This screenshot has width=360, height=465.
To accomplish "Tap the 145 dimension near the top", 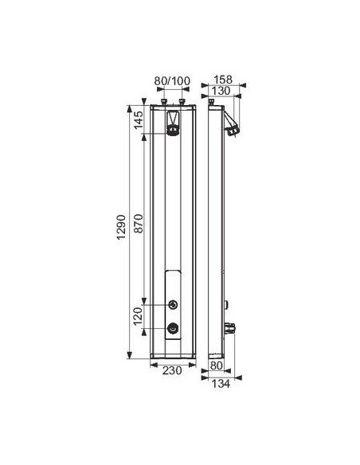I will pos(138,122).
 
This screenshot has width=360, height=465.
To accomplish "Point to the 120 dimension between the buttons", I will pos(138,315).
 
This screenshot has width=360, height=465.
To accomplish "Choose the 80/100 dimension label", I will pos(173,80).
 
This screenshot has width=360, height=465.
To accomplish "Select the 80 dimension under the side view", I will pos(215,365).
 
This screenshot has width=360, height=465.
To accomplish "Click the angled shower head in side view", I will pos(232,123).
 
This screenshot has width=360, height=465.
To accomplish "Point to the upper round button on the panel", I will pos(174,303).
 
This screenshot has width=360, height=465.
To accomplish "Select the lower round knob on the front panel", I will pos(174,326).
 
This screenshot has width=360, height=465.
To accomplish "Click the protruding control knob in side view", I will pos(232,326).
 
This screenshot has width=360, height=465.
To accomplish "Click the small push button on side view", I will pos(226,303).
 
